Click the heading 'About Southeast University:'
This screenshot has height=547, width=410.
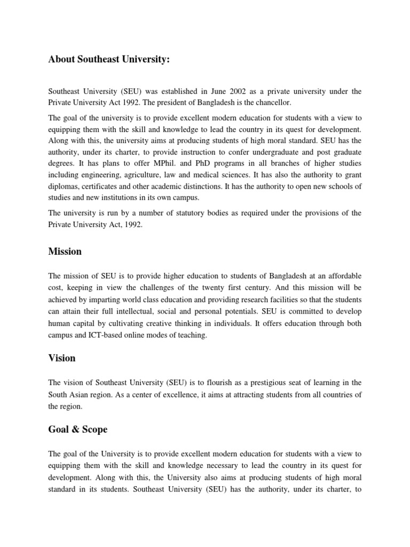(109, 60)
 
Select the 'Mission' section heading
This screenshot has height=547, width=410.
(65, 251)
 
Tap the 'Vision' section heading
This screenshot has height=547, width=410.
(62, 358)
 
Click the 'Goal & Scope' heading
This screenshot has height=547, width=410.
(78, 429)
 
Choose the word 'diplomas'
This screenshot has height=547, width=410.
(63, 186)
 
